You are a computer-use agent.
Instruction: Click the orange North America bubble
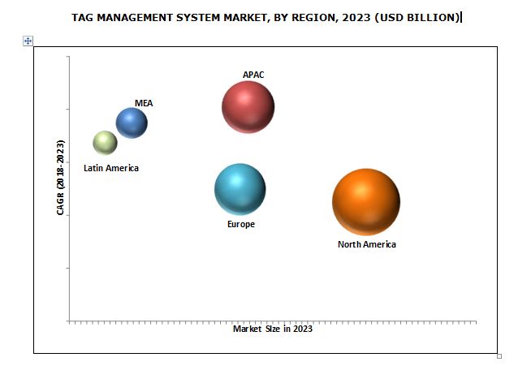366,202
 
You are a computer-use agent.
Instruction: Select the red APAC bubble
248,106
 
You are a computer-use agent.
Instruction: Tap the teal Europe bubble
240,189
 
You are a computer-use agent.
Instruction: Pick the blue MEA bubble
132,123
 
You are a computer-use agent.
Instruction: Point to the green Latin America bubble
105,143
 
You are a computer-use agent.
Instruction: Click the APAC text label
253,75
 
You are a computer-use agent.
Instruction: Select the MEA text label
144,103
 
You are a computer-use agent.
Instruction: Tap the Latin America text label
111,168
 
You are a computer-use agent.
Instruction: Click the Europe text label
241,224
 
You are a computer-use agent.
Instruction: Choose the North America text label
367,244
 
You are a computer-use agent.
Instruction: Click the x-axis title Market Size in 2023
273,329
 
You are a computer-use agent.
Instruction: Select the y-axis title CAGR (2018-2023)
61,177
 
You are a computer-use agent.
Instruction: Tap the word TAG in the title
82,16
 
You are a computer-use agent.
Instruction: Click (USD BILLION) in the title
419,16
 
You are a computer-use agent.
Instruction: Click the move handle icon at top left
28,41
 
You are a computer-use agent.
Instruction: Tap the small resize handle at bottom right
499,355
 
